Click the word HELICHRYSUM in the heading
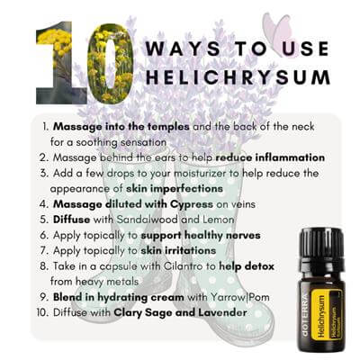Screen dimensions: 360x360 point(238,76)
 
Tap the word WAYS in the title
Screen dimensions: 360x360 point(184,49)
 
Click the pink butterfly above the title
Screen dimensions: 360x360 point(277,30)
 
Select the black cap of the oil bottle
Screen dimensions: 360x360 point(321,244)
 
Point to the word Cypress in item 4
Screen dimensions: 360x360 point(192,204)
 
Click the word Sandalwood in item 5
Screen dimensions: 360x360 point(147,220)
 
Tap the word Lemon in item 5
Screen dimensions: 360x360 point(219,220)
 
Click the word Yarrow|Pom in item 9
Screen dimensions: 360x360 point(239,297)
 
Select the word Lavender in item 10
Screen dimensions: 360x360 point(222,312)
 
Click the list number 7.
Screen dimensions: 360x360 point(44,250)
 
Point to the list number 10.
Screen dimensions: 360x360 point(42,312)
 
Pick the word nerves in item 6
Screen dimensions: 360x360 point(243,236)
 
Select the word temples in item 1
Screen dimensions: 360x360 point(168,127)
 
